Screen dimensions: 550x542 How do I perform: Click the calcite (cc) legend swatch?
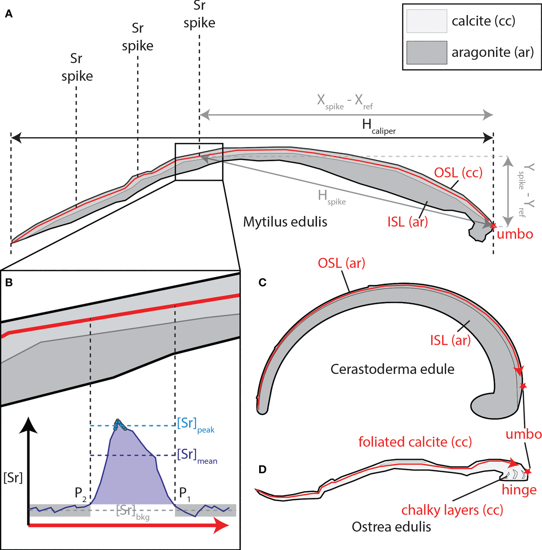(427, 21)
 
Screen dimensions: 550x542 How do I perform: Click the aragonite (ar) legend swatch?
(427, 52)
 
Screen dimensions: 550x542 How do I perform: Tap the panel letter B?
(9, 283)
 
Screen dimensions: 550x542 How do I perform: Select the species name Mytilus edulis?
(285, 222)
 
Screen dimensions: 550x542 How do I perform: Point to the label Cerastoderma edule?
(392, 369)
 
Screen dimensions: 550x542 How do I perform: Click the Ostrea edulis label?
(391, 527)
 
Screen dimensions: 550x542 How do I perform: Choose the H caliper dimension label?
(378, 126)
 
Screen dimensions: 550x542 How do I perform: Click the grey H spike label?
(331, 197)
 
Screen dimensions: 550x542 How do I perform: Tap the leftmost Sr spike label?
(77, 67)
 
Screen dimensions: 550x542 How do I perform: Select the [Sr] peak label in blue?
(195, 425)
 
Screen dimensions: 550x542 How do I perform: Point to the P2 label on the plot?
(80, 494)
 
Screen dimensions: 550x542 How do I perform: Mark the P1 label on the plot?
(185, 494)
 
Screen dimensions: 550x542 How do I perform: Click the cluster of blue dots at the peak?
(120, 424)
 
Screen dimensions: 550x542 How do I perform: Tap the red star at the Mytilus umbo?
(493, 226)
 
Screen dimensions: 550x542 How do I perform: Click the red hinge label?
(519, 490)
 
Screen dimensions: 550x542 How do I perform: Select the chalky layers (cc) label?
(452, 510)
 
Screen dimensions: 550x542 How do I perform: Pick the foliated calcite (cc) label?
(415, 442)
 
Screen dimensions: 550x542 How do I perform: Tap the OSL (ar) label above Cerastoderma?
(341, 263)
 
